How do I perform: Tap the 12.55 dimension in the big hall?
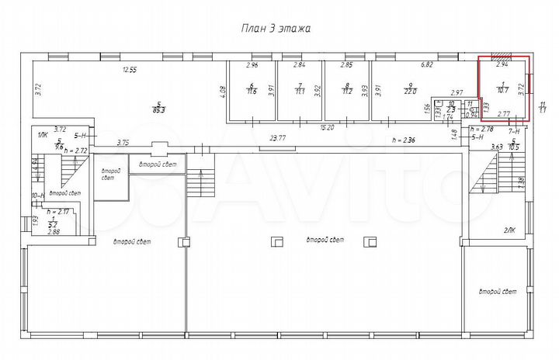(x=129, y=70)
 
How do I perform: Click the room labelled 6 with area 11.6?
(x=252, y=90)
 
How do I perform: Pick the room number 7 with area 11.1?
(x=300, y=90)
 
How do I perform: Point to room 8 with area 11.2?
(x=347, y=90)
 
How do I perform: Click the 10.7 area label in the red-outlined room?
(x=502, y=90)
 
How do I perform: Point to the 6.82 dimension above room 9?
(x=426, y=66)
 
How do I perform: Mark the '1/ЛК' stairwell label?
(x=42, y=136)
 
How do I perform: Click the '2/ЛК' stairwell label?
(x=509, y=230)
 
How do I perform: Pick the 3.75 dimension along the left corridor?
(x=122, y=142)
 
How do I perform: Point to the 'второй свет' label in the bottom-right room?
(x=498, y=292)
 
